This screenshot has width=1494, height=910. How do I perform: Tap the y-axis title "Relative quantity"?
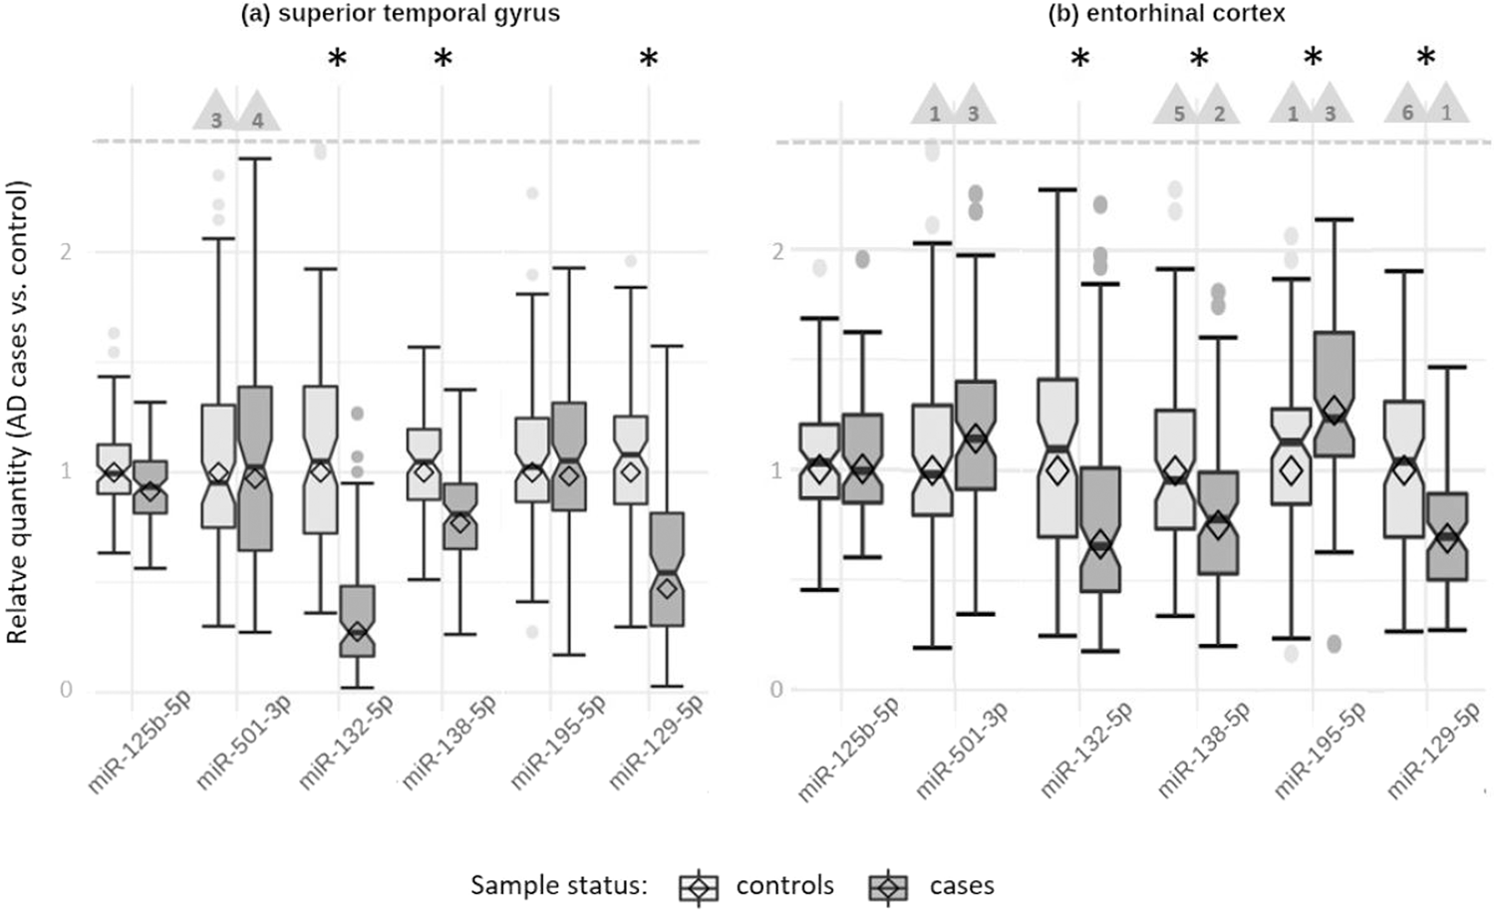tap(18, 411)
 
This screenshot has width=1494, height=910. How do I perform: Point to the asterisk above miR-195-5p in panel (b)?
tap(1313, 60)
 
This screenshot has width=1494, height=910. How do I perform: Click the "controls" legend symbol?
tap(700, 885)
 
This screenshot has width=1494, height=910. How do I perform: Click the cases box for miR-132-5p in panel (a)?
tap(357, 620)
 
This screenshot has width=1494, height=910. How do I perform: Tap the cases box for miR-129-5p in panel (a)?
tap(667, 569)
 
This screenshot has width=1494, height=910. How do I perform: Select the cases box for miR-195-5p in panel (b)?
tap(1334, 394)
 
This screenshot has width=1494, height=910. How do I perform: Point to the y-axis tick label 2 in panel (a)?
tap(67, 251)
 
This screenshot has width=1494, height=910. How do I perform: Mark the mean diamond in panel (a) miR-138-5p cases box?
tap(459, 521)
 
